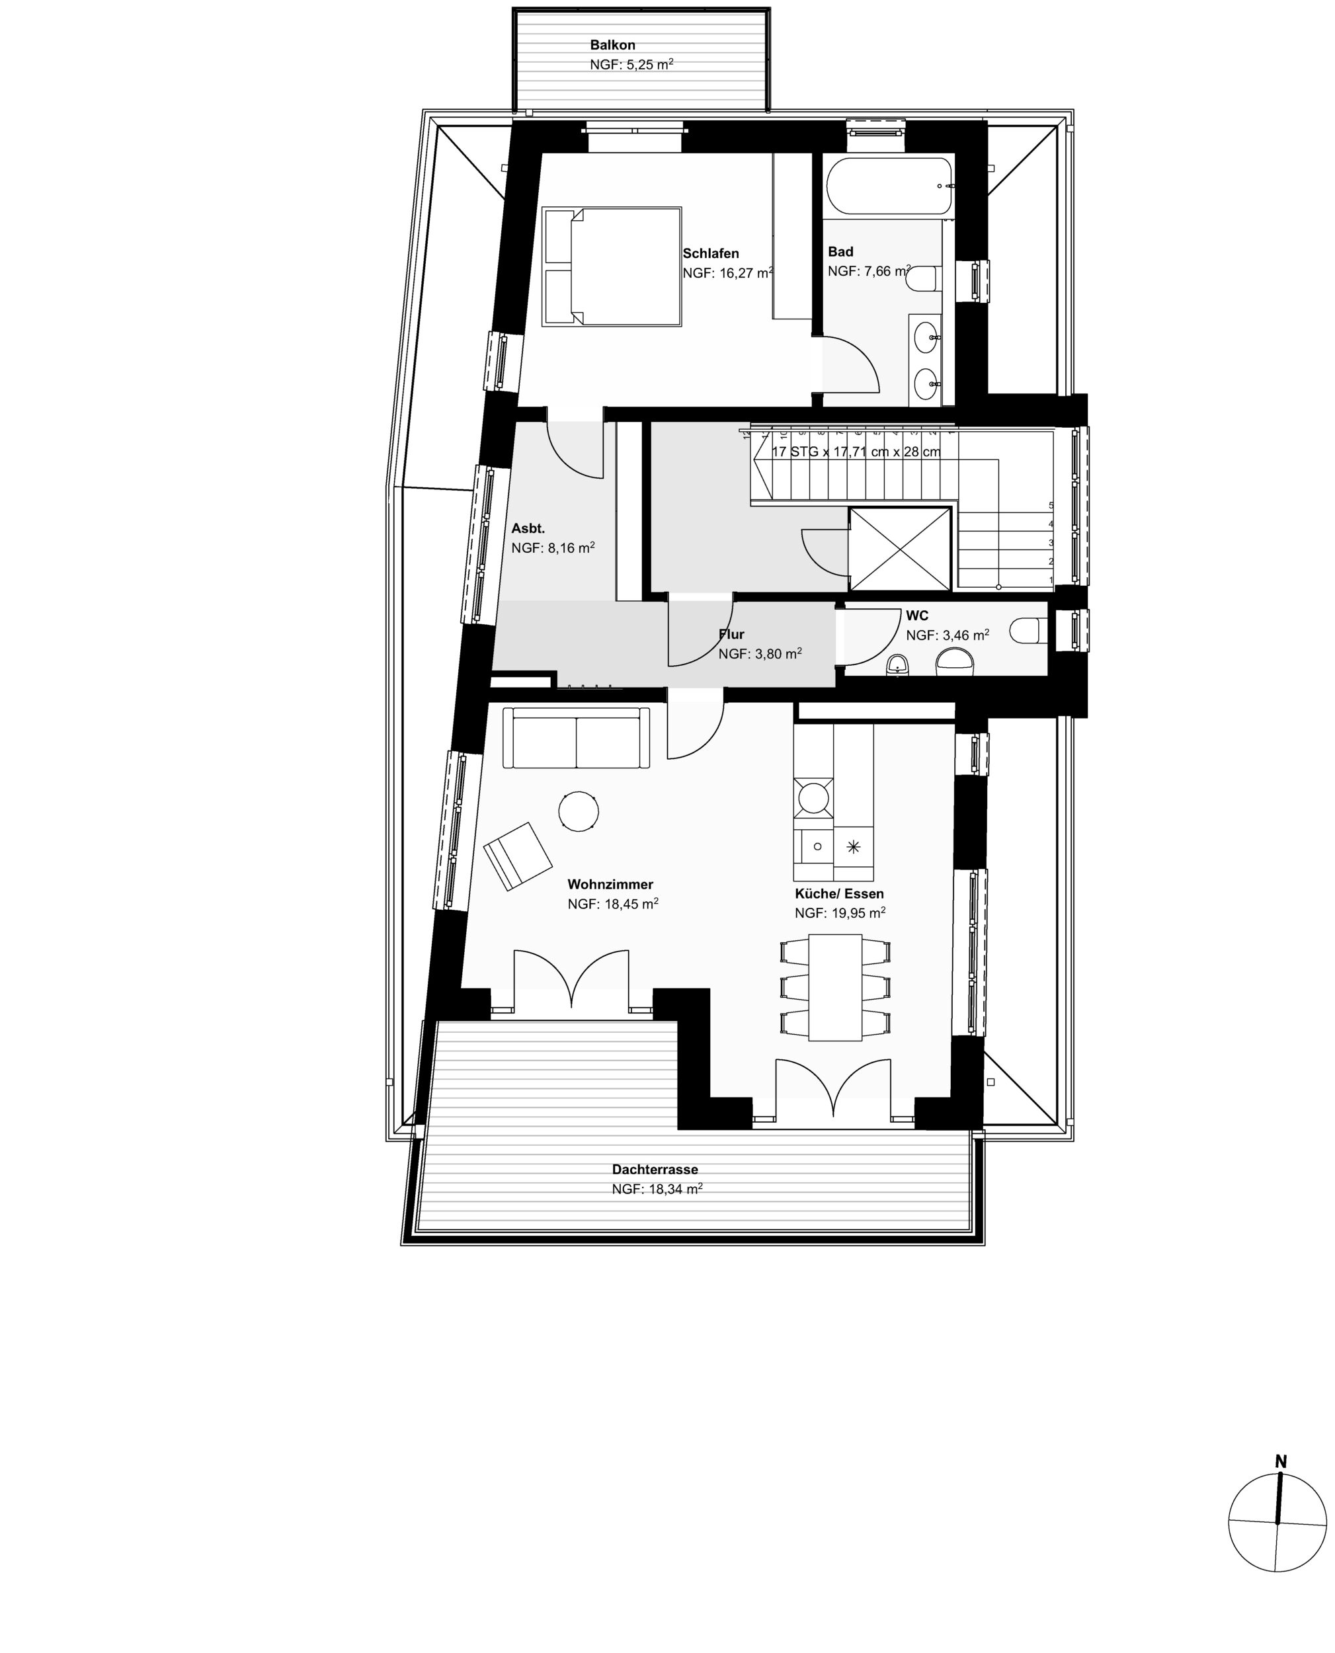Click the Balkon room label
[612, 46]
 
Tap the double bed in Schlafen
[612, 266]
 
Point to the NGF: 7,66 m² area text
[869, 270]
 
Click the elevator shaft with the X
[900, 548]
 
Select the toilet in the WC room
[1028, 630]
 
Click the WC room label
[916, 616]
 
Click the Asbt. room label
[528, 529]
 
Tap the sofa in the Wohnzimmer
[576, 737]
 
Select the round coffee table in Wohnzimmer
[579, 811]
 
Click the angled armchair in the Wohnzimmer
[518, 856]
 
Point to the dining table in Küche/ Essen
[835, 988]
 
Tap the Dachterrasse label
[655, 1170]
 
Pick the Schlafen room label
[711, 254]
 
